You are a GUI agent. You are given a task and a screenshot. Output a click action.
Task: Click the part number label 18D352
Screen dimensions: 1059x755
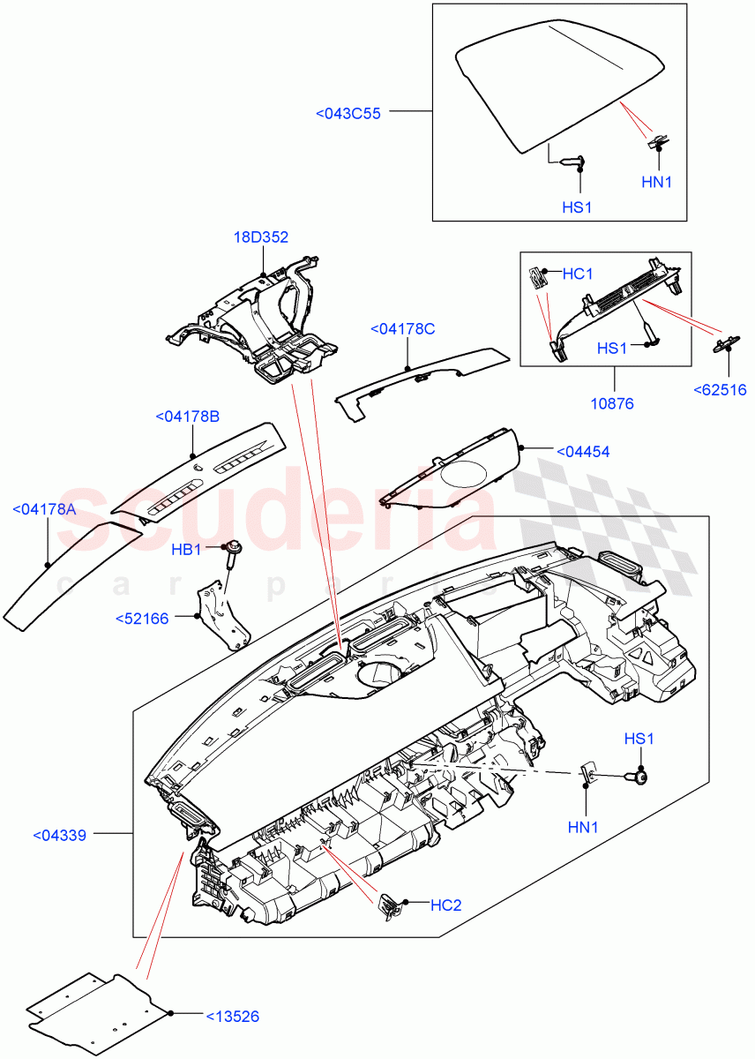coord(261,237)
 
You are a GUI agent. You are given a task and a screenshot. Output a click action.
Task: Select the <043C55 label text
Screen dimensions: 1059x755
coord(348,113)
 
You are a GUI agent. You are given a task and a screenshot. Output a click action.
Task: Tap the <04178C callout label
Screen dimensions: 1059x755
coord(403,329)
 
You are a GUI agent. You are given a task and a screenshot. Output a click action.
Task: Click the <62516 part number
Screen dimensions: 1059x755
coord(720,389)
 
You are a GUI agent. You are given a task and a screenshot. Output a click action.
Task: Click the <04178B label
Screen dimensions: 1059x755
coord(188,417)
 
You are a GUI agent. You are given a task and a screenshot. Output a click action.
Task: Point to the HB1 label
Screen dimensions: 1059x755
coord(187,550)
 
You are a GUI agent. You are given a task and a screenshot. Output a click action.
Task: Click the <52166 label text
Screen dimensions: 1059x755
coord(142,619)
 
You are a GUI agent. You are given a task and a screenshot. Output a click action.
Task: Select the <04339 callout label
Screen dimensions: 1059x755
coord(60,835)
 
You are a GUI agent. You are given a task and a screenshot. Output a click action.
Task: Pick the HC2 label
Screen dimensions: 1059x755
coord(446,905)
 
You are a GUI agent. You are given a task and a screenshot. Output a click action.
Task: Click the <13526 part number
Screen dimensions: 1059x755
coord(232,1017)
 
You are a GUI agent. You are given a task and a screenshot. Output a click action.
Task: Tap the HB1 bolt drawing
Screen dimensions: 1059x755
coord(234,551)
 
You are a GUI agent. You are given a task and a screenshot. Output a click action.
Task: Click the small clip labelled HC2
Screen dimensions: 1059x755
coord(388,904)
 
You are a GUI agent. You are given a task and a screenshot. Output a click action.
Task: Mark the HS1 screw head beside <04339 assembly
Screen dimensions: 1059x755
coord(640,777)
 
